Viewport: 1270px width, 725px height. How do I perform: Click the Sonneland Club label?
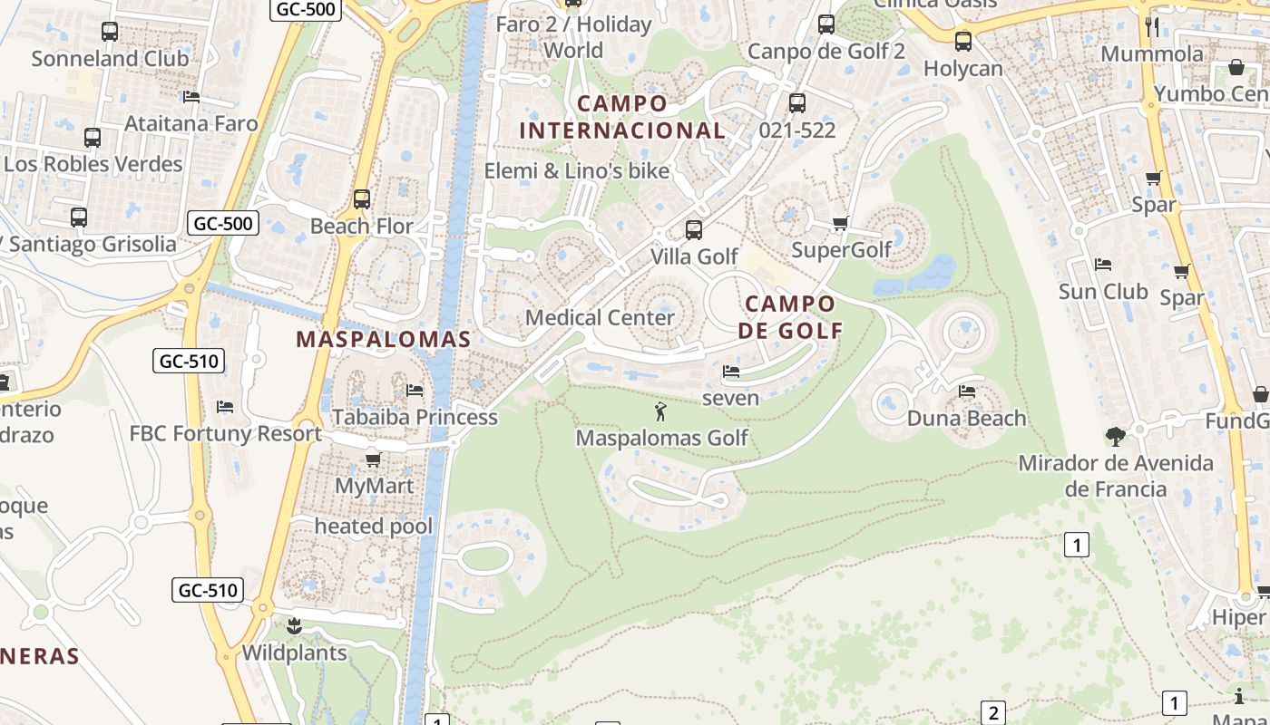click(x=110, y=59)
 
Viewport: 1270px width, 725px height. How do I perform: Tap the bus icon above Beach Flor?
click(x=362, y=198)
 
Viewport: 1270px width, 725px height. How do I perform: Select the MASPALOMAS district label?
click(x=384, y=340)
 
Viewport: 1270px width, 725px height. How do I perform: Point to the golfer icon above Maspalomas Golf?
click(x=660, y=412)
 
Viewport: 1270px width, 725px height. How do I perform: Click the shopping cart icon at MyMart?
click(x=373, y=459)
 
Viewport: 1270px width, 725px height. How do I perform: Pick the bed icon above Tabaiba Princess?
click(x=415, y=391)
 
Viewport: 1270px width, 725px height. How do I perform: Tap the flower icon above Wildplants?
click(x=294, y=625)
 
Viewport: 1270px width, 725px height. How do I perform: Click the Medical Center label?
click(x=600, y=318)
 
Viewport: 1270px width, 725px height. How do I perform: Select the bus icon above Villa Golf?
click(x=694, y=230)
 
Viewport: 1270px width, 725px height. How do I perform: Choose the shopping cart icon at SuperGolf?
click(x=840, y=223)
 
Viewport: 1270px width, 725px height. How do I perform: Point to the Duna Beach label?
click(x=967, y=419)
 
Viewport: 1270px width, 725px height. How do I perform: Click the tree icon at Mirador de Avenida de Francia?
click(x=1115, y=437)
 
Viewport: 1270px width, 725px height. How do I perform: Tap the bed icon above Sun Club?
click(x=1103, y=265)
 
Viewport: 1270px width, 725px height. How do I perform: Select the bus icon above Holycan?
click(x=963, y=41)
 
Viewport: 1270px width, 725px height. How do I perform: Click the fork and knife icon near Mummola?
click(x=1152, y=26)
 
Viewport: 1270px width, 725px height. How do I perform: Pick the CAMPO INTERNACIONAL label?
click(x=622, y=117)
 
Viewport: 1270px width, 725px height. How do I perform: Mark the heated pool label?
click(x=374, y=527)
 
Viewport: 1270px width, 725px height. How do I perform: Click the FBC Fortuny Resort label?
click(x=226, y=433)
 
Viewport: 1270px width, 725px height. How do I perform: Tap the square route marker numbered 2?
click(x=993, y=713)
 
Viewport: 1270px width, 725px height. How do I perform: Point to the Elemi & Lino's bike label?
click(x=577, y=171)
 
